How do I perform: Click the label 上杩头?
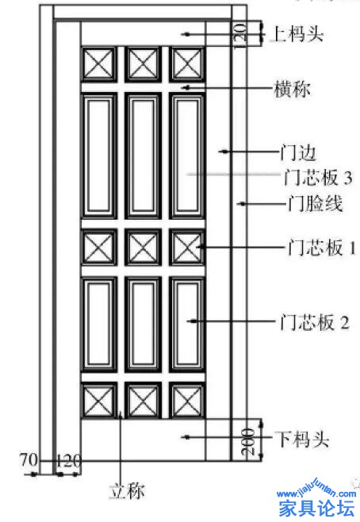[298, 33]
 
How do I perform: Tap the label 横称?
[292, 89]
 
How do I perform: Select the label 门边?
[297, 153]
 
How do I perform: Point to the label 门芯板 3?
[318, 177]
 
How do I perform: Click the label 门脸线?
[315, 203]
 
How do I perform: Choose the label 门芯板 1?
[321, 248]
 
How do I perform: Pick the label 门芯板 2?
[315, 322]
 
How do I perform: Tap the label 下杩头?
[301, 439]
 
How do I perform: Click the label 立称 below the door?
[127, 491]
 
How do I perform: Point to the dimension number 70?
[29, 460]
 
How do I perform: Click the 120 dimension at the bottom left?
[68, 461]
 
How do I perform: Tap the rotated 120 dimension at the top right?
[240, 35]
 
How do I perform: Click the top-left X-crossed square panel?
[99, 64]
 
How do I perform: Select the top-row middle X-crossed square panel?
[143, 64]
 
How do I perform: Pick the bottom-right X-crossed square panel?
[187, 400]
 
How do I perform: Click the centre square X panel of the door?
[143, 248]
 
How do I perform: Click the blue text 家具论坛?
[316, 508]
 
